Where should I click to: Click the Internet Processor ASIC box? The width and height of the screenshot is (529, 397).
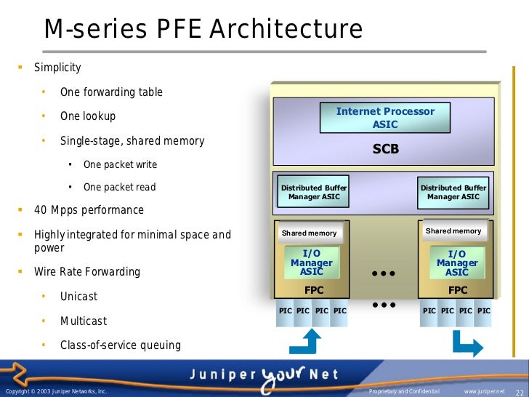(385, 118)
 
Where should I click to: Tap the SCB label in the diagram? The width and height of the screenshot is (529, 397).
(386, 150)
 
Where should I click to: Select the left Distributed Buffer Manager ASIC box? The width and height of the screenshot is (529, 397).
(314, 192)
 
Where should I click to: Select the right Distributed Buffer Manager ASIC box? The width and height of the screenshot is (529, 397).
(453, 192)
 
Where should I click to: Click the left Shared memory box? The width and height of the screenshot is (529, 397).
(310, 233)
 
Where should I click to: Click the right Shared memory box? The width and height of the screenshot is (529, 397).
(453, 231)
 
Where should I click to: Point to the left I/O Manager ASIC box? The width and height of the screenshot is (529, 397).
(312, 262)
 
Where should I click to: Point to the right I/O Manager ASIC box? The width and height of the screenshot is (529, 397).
(457, 262)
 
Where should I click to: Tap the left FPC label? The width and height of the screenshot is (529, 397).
(314, 289)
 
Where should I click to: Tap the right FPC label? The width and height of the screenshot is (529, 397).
(458, 289)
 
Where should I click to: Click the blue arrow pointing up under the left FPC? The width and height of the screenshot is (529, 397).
(310, 342)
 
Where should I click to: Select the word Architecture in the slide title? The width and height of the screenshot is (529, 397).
(286, 30)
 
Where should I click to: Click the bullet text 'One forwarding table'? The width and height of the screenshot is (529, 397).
(111, 92)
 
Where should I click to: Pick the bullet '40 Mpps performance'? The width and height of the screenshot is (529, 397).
(89, 210)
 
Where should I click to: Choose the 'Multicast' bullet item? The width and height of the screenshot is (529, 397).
(84, 321)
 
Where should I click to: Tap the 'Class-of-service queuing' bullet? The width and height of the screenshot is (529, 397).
(121, 345)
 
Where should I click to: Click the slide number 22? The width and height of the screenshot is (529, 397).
(520, 393)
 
